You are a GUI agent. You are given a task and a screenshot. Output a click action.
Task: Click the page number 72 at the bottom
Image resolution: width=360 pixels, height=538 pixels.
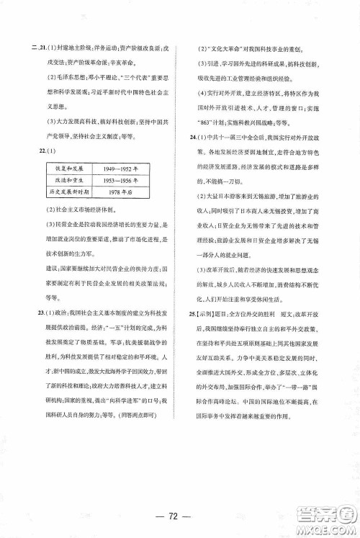[x=179, y=517]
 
